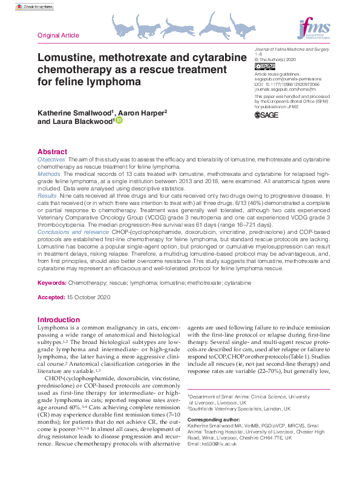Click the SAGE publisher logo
(x=267, y=115)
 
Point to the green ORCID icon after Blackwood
(x=119, y=121)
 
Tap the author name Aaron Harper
(x=143, y=112)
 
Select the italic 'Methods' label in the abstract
(x=48, y=174)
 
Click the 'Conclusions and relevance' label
(x=68, y=230)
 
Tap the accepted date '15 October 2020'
(x=88, y=298)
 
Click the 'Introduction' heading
(x=58, y=320)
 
